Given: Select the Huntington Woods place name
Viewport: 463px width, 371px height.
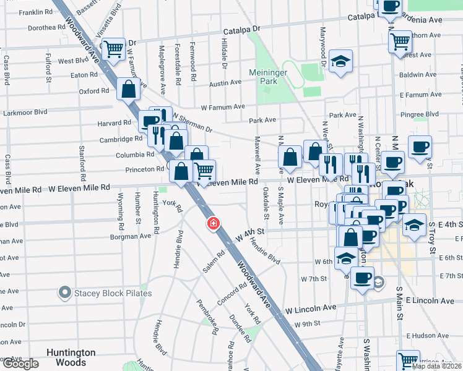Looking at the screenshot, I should click(71, 357).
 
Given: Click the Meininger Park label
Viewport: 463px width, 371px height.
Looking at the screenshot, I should click(271, 76).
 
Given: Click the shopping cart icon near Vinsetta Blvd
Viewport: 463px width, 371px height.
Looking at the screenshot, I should click(113, 48).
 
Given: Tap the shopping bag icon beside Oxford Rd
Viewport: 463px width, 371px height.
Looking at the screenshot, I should click(128, 88).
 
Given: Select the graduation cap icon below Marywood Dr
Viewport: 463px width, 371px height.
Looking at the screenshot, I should click(340, 61).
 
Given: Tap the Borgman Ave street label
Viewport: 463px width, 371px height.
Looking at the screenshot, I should click(130, 236).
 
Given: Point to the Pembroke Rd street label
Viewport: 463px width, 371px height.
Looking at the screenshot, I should click(207, 318).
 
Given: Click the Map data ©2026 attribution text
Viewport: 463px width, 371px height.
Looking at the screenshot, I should click(437, 366).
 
